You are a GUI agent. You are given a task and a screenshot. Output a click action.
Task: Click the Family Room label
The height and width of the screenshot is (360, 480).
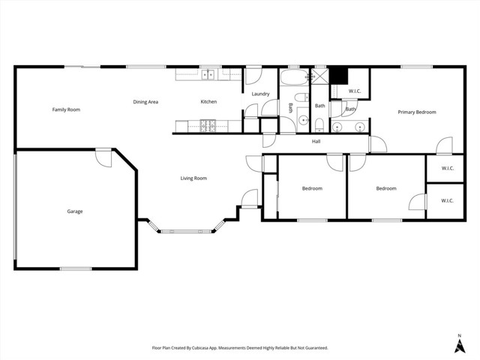click(66, 109)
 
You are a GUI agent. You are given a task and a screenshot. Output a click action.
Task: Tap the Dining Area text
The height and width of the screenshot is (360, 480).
click(145, 102)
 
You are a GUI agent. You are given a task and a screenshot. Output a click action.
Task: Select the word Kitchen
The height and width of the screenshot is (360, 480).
click(208, 102)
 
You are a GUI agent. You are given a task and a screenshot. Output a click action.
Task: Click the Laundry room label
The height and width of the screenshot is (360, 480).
click(260, 94)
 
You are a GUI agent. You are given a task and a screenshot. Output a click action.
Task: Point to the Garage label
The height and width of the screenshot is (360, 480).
click(74, 211)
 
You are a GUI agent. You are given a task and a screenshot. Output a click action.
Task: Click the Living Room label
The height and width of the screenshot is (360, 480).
click(193, 178)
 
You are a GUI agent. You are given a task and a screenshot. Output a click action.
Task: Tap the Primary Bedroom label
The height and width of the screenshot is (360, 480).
click(416, 112)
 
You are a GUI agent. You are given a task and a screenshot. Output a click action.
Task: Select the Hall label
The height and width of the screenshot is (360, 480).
click(316, 141)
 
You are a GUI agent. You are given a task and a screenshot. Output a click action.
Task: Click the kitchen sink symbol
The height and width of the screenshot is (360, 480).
click(207, 74)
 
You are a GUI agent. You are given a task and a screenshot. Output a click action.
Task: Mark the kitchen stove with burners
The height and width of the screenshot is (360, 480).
click(208, 125)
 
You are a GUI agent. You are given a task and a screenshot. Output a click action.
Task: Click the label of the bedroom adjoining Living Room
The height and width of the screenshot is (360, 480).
click(312, 188)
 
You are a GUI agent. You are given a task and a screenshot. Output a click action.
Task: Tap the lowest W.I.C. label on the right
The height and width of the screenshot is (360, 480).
click(447, 201)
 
